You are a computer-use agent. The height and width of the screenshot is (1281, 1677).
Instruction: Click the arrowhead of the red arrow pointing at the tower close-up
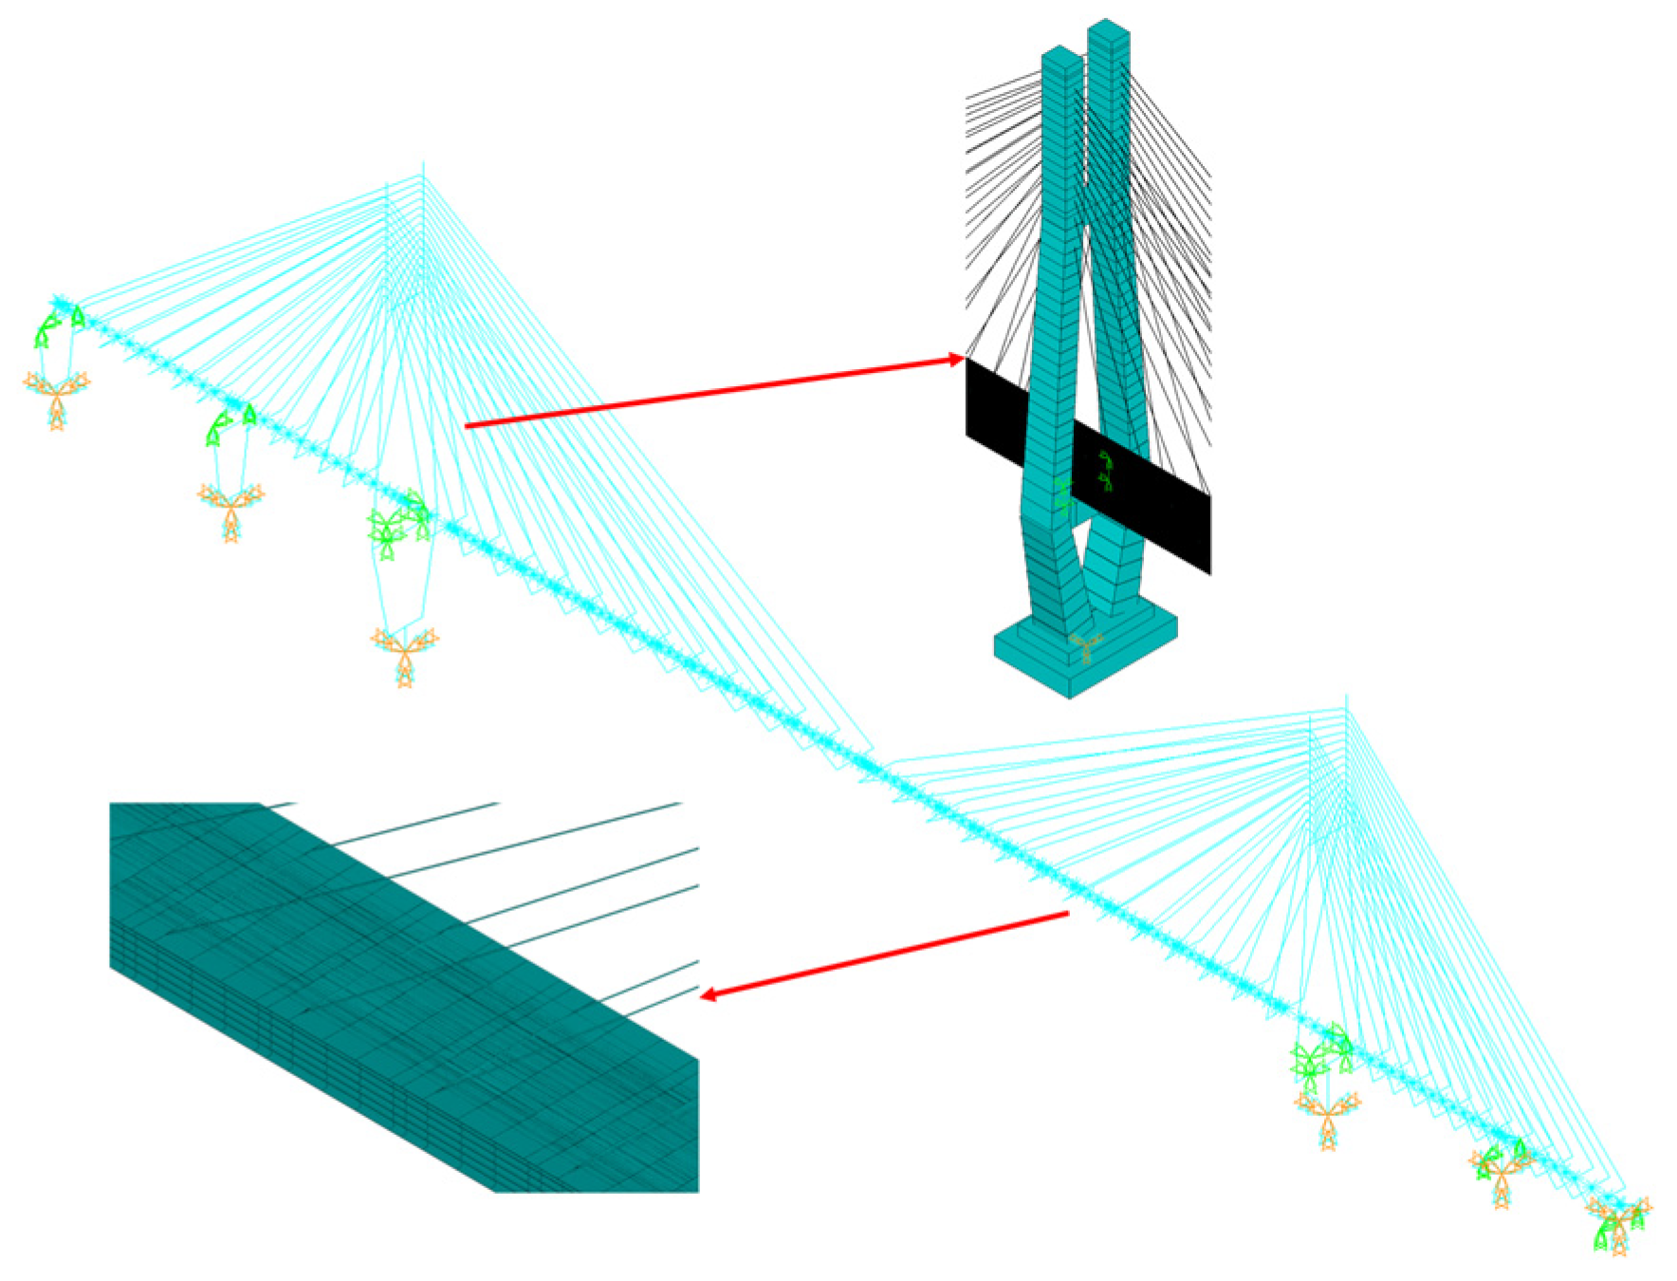(956, 360)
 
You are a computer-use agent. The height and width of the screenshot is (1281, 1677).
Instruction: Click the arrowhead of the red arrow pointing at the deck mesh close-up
(708, 993)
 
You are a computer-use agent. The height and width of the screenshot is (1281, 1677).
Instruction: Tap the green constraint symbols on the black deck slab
(1103, 473)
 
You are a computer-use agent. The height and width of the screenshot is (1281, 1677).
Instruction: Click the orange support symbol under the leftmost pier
(56, 395)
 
